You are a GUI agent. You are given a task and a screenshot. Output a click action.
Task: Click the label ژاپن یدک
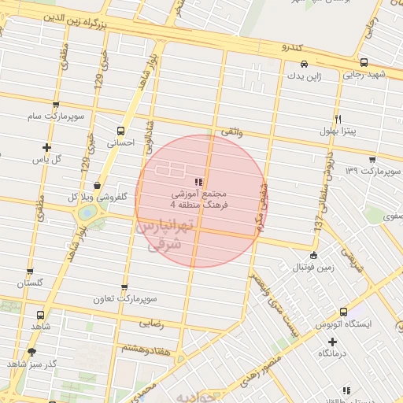click(303, 76)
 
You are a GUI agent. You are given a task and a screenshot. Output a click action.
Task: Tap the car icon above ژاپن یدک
click(303, 64)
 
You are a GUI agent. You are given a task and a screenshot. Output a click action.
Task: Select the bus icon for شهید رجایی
click(363, 62)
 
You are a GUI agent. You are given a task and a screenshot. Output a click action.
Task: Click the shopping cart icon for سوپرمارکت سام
click(56, 105)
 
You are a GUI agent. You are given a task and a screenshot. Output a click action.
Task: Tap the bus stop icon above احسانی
click(120, 131)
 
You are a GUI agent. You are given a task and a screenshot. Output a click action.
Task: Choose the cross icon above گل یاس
click(46, 146)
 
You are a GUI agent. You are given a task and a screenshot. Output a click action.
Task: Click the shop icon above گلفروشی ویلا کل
click(96, 185)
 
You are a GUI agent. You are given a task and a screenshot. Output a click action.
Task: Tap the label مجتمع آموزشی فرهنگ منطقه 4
click(198, 198)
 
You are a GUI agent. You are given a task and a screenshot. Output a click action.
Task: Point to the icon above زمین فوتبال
click(314, 255)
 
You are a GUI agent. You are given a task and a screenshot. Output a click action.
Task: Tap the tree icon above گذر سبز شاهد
click(31, 351)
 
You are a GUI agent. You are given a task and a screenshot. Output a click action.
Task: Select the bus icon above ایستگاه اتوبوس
click(343, 312)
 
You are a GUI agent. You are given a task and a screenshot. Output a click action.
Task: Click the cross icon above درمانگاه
click(333, 342)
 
